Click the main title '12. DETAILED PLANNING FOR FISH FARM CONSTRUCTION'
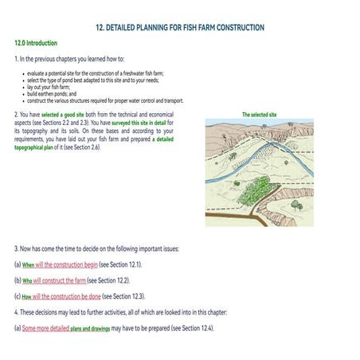(179, 28)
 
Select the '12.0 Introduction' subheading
(36, 42)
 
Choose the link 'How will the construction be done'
(66, 296)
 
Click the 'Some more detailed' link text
(45, 328)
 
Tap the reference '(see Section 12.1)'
(121, 264)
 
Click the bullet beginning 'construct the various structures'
(104, 100)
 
